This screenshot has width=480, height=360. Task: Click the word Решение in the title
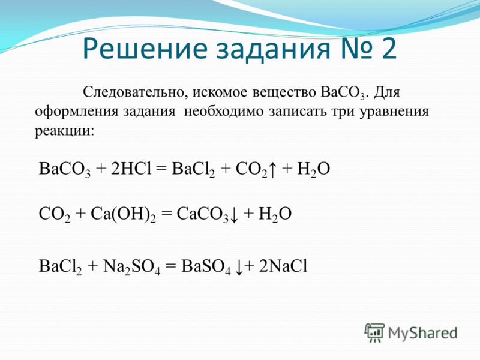145,49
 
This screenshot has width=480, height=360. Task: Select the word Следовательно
133,92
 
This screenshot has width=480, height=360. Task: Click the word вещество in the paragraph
284,92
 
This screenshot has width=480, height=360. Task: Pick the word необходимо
223,111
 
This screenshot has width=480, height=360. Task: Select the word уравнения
394,112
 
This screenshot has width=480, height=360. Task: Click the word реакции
65,131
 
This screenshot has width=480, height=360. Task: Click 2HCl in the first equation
131,169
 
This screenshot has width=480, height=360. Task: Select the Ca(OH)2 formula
123,214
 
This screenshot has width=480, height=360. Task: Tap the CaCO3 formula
202,214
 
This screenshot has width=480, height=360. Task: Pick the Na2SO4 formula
131,266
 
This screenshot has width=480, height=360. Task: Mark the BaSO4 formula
206,266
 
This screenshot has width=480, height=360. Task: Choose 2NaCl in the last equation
283,266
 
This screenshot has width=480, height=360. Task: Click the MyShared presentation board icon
374,332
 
